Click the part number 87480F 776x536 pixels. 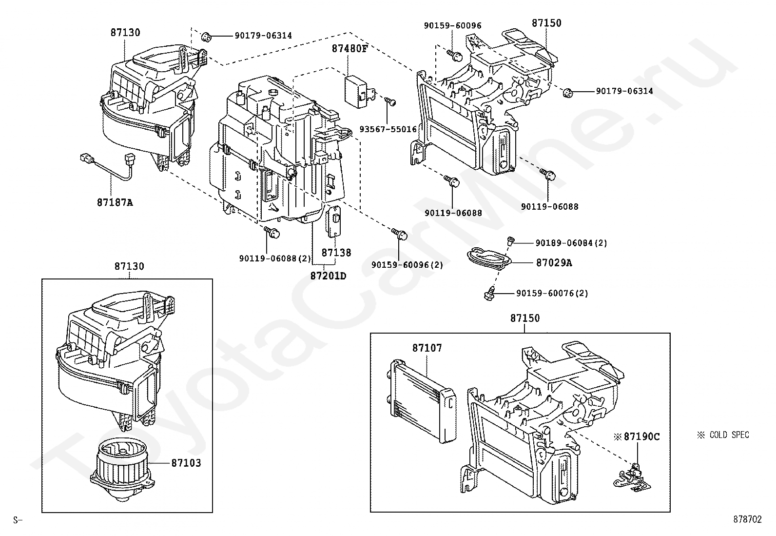pos(349,49)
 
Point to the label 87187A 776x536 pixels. pos(115,202)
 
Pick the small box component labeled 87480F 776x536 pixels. pos(359,91)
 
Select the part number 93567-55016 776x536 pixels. pos(388,129)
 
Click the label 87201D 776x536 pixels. pos(328,276)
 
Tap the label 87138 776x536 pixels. pos(336,253)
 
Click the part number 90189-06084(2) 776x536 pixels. pos(571,243)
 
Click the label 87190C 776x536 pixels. pos(641,437)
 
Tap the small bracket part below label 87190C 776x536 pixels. pos(632,478)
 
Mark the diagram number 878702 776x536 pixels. pos(747,519)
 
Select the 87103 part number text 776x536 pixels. pos(186,463)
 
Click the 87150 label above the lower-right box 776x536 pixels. pos(525,318)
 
